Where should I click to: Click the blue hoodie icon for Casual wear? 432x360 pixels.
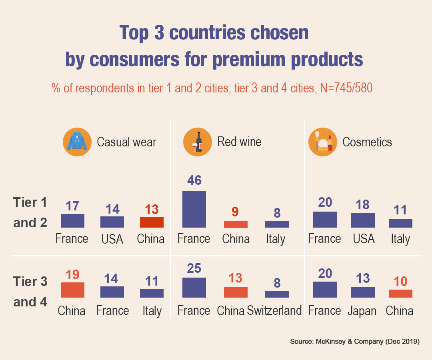[x=75, y=142]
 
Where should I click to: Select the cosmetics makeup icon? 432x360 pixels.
[x=323, y=142]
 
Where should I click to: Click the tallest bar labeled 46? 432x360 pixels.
[x=194, y=209]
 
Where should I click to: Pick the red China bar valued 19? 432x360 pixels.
[x=72, y=290]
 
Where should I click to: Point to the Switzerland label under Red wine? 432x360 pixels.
[x=274, y=311]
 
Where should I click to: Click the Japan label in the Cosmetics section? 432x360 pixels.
[x=362, y=311]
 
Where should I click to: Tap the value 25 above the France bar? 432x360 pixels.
[x=194, y=268]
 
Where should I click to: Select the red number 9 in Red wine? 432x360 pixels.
[x=236, y=212]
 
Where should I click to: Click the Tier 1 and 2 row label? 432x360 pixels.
[x=30, y=212]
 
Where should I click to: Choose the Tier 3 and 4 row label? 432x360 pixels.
[x=30, y=292]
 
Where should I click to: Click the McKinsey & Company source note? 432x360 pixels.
[x=354, y=342]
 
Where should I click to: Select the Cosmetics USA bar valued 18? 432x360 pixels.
[x=363, y=220]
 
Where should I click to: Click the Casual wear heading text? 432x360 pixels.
[x=126, y=142]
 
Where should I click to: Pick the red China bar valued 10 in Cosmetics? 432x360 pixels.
[x=400, y=294]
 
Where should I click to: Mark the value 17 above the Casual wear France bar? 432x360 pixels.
[x=72, y=206]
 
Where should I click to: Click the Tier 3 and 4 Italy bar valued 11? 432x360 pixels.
[x=152, y=293]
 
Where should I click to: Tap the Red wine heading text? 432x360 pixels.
[x=239, y=142]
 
